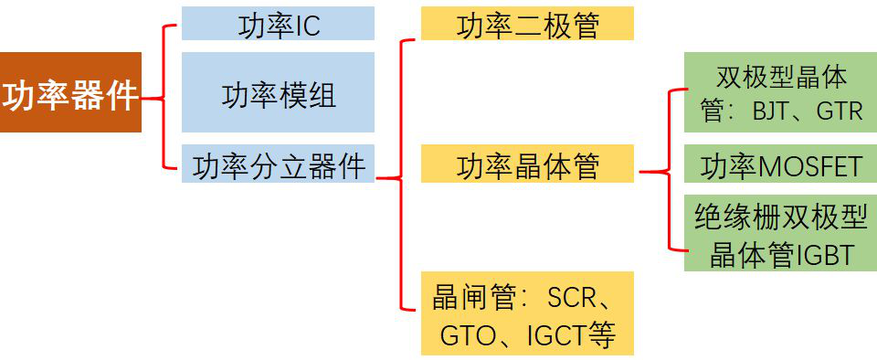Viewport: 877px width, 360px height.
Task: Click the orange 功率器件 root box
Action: pyautogui.click(x=70, y=92)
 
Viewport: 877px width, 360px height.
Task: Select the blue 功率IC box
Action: pyautogui.click(x=278, y=24)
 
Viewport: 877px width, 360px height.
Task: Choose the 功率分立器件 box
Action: pyautogui.click(x=278, y=166)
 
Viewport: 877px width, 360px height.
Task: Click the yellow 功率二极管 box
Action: pyautogui.click(x=527, y=24)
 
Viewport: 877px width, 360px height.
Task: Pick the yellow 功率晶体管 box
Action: pyautogui.click(x=527, y=166)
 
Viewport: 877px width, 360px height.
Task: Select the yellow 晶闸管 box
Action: pyautogui.click(x=527, y=313)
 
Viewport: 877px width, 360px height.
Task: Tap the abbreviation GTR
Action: pyautogui.click(x=839, y=111)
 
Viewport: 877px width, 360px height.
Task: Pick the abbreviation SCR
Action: pyautogui.click(x=571, y=297)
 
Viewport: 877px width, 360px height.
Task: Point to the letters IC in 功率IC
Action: pyautogui.click(x=306, y=25)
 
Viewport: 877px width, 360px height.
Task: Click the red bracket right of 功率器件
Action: pyautogui.click(x=164, y=96)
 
